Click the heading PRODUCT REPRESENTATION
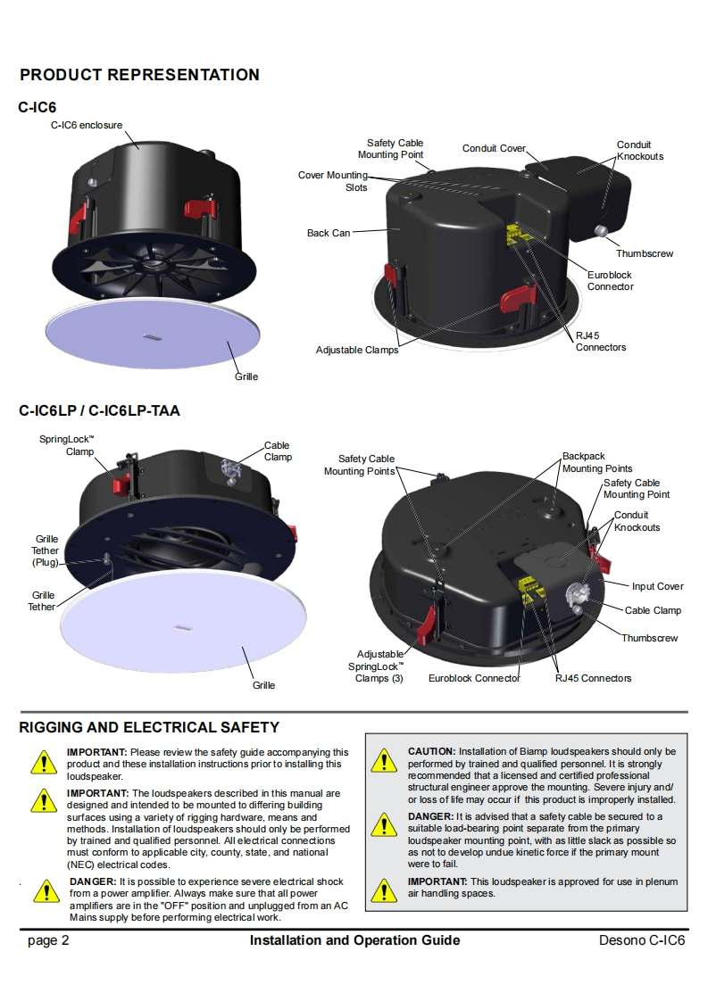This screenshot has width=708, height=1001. click(139, 75)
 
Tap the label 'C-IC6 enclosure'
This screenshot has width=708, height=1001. click(86, 126)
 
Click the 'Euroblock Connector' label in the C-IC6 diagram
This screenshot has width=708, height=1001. click(611, 281)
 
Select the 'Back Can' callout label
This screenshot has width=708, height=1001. click(329, 233)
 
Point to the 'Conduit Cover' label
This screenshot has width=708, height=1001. click(494, 148)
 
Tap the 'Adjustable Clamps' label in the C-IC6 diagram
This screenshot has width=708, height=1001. click(357, 350)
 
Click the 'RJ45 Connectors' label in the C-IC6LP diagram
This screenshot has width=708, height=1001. click(593, 678)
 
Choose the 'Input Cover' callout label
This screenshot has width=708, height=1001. click(657, 586)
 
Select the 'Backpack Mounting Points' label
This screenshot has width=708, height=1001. click(597, 462)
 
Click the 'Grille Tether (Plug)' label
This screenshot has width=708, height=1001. click(46, 550)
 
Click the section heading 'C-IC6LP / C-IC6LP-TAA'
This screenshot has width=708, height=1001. click(99, 411)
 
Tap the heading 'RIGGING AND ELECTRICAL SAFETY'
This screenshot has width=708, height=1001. click(149, 727)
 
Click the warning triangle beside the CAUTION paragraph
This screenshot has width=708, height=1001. click(385, 761)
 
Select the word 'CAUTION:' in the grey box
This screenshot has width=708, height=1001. click(431, 752)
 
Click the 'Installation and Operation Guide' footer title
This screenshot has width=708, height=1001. click(354, 940)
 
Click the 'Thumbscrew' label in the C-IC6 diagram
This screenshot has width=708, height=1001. click(644, 254)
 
